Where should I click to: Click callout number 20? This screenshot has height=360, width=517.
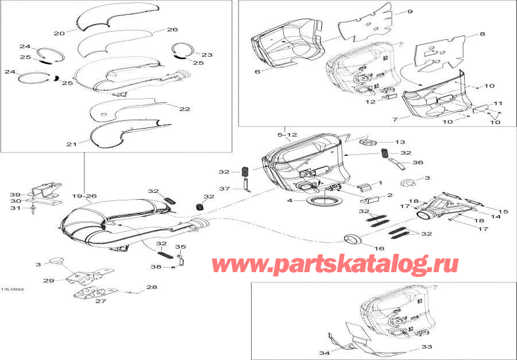tap(59, 33)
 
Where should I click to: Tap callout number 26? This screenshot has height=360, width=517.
tap(172, 29)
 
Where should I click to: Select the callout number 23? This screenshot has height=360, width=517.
tap(207, 55)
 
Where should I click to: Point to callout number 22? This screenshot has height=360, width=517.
tap(184, 109)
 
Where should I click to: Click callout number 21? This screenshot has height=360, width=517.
tap(71, 144)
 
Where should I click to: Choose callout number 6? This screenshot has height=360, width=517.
tap(257, 71)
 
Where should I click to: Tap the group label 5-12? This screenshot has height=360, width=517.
tap(287, 134)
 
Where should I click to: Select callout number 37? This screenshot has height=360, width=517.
tap(225, 188)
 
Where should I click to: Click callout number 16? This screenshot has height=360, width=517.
tap(379, 249)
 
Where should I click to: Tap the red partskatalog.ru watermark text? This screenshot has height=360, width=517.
tap(335, 264)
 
